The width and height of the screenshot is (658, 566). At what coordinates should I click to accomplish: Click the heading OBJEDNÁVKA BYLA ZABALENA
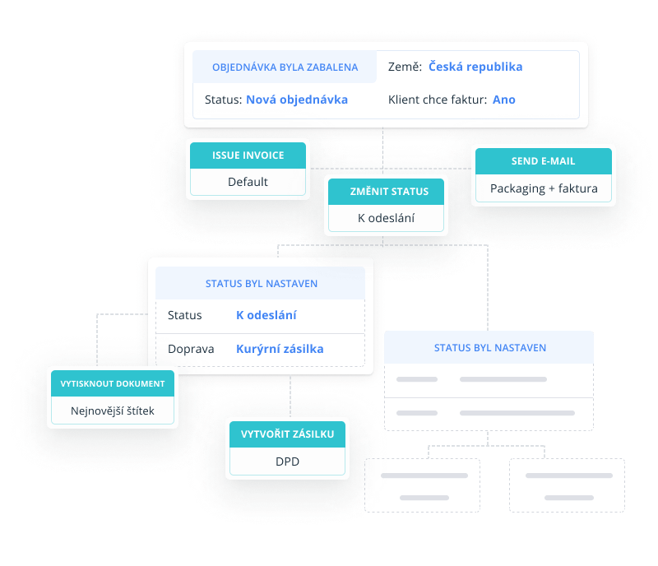(285, 67)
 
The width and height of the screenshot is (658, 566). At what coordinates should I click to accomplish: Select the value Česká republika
(475, 67)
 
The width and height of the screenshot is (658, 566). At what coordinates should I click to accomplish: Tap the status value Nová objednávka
(297, 100)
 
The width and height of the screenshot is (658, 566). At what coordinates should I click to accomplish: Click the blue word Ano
(503, 100)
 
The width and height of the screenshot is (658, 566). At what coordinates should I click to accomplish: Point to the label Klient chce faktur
(437, 100)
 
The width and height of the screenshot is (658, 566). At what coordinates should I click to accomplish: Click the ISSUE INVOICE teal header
(248, 155)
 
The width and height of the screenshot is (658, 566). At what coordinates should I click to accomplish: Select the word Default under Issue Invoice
(248, 182)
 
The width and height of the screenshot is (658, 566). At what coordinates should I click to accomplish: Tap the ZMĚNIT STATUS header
(386, 192)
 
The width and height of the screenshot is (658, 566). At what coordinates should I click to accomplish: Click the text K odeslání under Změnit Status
(386, 218)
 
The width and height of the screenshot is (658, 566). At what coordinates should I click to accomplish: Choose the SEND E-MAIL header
(544, 161)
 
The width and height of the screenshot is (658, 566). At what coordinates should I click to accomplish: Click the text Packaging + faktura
(544, 188)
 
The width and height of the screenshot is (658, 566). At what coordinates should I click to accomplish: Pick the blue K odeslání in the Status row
(266, 315)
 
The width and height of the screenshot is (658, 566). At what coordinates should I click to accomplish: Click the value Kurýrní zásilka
(280, 349)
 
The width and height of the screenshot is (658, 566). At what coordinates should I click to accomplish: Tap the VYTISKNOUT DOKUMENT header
(113, 383)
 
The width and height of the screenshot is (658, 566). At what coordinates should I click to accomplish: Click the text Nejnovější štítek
(113, 411)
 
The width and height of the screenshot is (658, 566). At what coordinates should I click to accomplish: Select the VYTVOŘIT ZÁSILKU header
(287, 434)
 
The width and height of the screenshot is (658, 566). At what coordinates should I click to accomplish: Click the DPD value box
(287, 462)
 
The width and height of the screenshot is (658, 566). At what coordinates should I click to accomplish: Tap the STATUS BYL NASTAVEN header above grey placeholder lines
(489, 348)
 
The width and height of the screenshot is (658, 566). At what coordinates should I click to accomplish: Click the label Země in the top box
(405, 67)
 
